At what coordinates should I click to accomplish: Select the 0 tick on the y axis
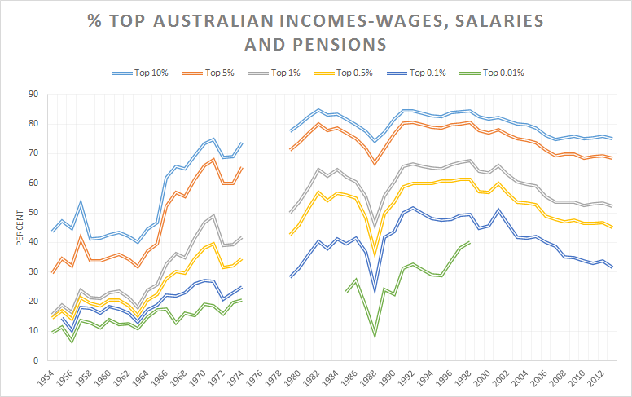click(35, 360)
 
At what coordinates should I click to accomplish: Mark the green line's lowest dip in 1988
click(375, 337)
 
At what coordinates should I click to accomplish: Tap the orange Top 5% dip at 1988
click(375, 165)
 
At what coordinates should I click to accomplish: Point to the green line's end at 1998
click(470, 242)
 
